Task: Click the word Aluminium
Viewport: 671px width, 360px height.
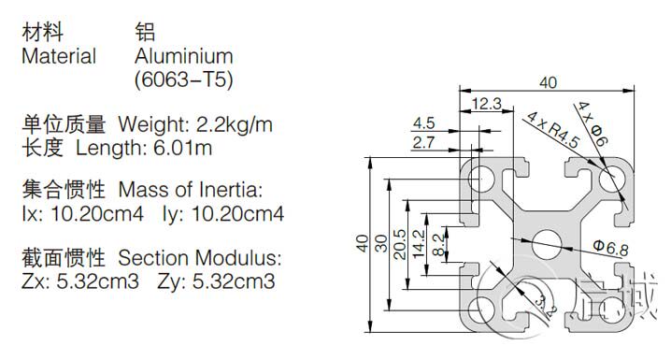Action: (x=184, y=56)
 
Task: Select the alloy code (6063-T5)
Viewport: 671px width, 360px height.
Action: (x=184, y=79)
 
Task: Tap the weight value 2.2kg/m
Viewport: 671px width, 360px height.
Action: (x=234, y=124)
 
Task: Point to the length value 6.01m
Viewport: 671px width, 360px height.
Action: (x=183, y=148)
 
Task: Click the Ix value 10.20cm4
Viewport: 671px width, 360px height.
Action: (x=97, y=213)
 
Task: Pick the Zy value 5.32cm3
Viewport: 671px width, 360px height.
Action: (x=234, y=281)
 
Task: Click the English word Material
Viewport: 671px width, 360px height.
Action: (x=59, y=56)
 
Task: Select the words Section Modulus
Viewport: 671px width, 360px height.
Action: (x=199, y=258)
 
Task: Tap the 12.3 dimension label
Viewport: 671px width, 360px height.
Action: (x=486, y=103)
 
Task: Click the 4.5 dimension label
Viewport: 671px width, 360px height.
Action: (x=423, y=123)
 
